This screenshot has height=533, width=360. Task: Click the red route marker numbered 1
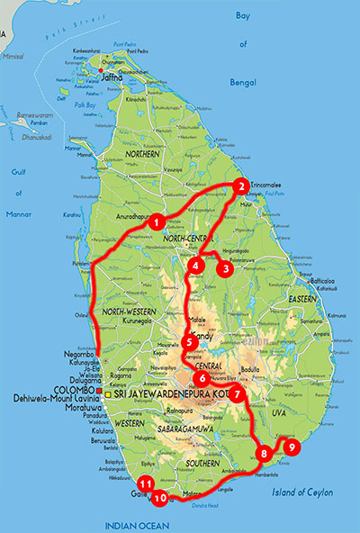[157, 221]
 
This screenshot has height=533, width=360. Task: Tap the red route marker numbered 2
[239, 186]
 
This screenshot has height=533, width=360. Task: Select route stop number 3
[225, 267]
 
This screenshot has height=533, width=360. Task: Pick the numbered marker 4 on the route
[196, 266]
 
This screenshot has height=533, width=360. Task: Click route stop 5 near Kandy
[189, 341]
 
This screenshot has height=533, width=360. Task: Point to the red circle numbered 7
[236, 393]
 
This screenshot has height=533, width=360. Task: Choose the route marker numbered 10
[160, 497]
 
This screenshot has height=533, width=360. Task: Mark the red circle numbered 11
[147, 483]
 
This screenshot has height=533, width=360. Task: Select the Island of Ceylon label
[307, 492]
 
